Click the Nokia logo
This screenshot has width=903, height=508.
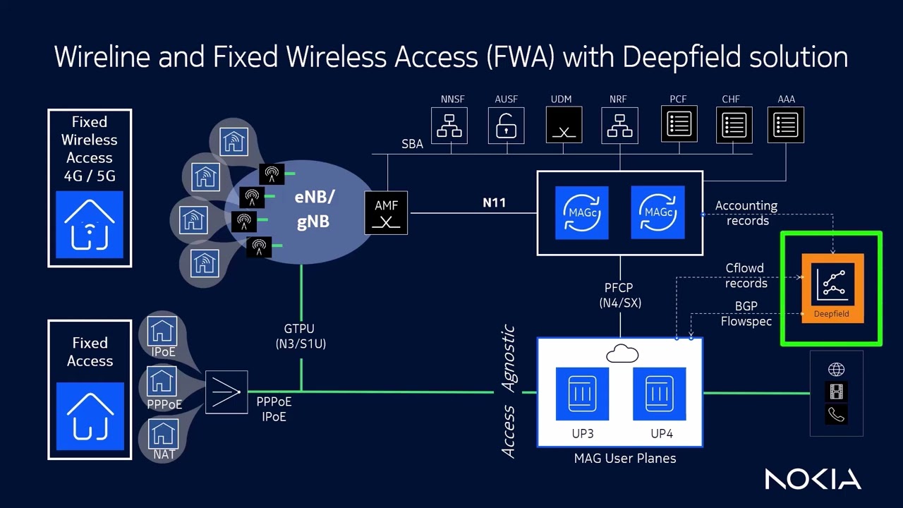813,479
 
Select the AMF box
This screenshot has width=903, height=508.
386,212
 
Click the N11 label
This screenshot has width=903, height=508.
494,203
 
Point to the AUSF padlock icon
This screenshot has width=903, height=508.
506,126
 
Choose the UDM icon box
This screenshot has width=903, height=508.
564,126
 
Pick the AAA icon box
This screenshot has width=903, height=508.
786,126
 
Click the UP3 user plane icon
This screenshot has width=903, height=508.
582,394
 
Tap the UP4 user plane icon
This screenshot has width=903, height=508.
660,394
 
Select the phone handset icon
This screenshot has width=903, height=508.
837,415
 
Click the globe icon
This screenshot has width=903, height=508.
837,370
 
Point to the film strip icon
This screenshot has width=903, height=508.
837,392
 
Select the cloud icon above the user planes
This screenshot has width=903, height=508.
622,353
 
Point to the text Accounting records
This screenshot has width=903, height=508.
746,213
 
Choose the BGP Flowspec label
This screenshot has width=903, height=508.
746,314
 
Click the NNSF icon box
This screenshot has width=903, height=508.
449,126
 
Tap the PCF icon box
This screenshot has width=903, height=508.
679,126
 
